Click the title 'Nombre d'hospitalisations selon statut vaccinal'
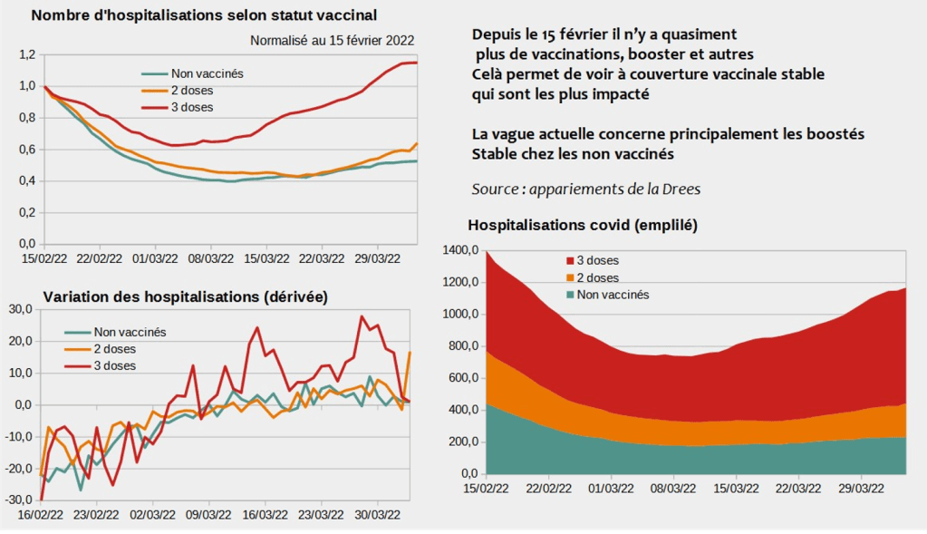click(204, 15)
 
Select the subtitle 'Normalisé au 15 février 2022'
click(333, 40)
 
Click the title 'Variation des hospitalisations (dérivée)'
click(186, 296)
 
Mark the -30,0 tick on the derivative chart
click(20, 500)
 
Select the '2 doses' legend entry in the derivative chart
click(114, 348)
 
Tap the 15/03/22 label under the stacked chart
click(736, 488)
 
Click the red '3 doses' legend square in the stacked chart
click(571, 261)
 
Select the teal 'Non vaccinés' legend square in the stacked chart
click(571, 295)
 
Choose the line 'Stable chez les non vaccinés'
click(573, 153)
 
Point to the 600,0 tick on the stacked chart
click(463, 378)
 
